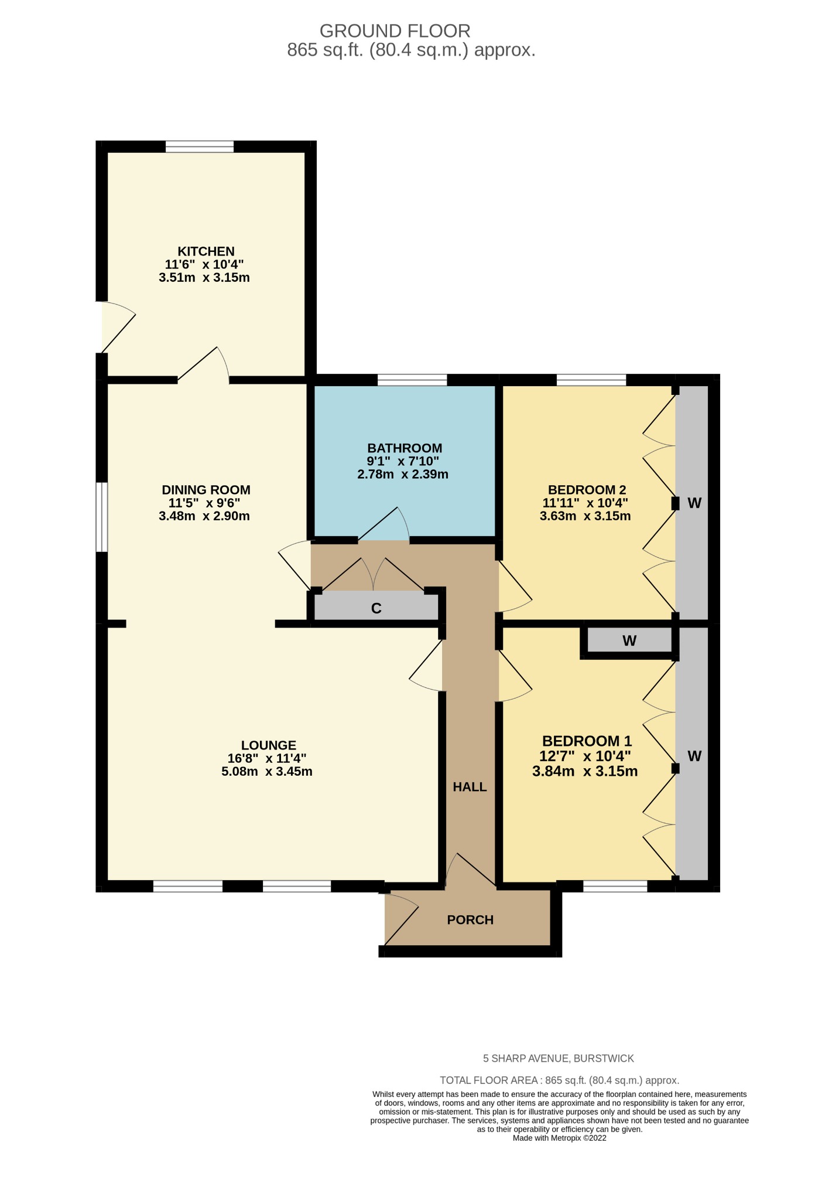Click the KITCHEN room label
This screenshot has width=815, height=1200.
pyautogui.click(x=206, y=251)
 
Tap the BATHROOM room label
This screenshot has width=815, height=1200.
pyautogui.click(x=405, y=448)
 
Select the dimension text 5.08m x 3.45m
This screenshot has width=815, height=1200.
pyautogui.click(x=266, y=772)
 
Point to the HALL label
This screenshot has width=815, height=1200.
pyautogui.click(x=470, y=787)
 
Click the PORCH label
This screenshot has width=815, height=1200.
pyautogui.click(x=470, y=920)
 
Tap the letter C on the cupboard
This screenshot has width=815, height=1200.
pyautogui.click(x=376, y=608)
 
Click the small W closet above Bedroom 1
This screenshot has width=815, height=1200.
pyautogui.click(x=629, y=641)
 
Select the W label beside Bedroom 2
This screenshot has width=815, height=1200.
pyautogui.click(x=694, y=503)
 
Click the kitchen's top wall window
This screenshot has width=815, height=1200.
pyautogui.click(x=200, y=146)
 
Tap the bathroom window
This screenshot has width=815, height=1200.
pyautogui.click(x=412, y=380)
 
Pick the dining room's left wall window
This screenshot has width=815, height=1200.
pyautogui.click(x=102, y=517)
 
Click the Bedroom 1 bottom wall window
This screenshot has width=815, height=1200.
pyautogui.click(x=615, y=886)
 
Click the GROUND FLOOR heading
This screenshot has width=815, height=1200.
pyautogui.click(x=395, y=30)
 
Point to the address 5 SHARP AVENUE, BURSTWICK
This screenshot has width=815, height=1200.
pyautogui.click(x=558, y=1058)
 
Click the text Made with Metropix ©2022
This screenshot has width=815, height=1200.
pyautogui.click(x=559, y=1138)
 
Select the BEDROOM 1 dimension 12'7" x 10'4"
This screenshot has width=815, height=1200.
pyautogui.click(x=585, y=756)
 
